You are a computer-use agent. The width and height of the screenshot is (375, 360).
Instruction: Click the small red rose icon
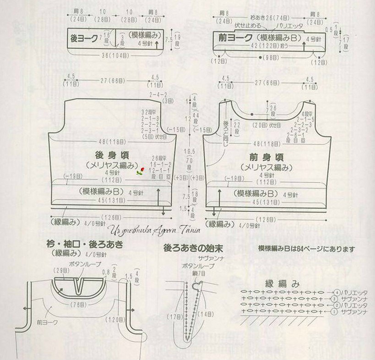tap(141, 172)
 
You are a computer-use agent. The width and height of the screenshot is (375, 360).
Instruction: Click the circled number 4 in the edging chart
tap(337, 292)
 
